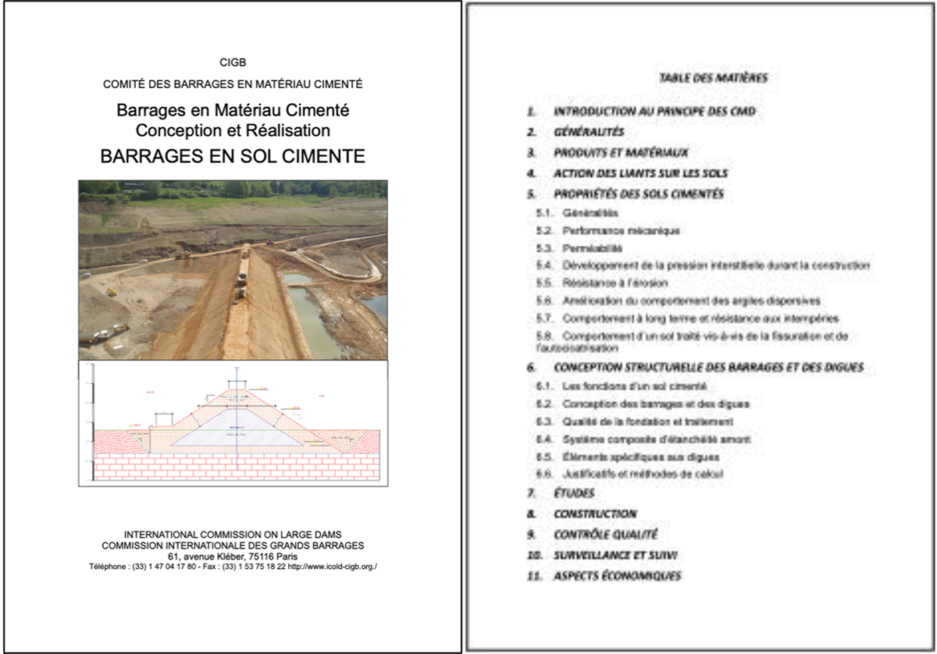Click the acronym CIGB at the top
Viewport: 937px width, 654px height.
coord(233,62)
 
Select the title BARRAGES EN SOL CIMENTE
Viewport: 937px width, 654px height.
coord(233,156)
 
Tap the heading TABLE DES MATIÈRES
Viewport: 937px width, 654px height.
coord(713,78)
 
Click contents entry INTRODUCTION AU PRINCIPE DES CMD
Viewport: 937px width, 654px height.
coord(654,112)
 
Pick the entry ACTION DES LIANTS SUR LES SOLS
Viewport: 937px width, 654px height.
coord(641,173)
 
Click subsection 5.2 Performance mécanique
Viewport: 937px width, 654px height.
coord(620,231)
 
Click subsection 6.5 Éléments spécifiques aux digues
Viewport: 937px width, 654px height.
coord(640,457)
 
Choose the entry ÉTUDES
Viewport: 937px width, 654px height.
coord(574,493)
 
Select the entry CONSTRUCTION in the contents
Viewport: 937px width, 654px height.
coord(595,514)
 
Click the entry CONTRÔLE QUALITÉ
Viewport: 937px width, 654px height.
coord(605,535)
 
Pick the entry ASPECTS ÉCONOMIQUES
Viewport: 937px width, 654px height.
coord(617,576)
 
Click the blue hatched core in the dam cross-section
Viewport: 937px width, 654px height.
coord(237,428)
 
